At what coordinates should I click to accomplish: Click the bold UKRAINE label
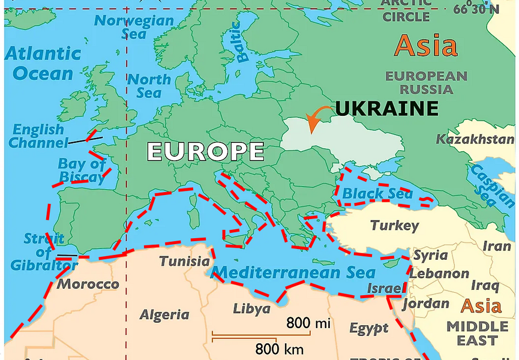[x=387, y=109]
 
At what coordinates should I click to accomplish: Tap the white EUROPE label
[x=205, y=151]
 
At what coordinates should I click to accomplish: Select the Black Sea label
[x=377, y=194]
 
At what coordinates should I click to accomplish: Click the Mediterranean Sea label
[x=295, y=272]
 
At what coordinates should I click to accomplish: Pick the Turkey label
[x=394, y=226]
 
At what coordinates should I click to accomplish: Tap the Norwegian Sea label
[x=134, y=27]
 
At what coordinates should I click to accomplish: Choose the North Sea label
[x=149, y=86]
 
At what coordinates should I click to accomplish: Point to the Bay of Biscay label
[x=82, y=170]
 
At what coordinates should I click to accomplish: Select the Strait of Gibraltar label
[x=44, y=252]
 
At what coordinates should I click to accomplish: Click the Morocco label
[x=88, y=284]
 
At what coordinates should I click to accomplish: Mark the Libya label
[x=251, y=309]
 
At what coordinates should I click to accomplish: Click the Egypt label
[x=368, y=329]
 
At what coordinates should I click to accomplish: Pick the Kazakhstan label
[x=475, y=140]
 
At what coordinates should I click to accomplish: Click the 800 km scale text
[x=279, y=349]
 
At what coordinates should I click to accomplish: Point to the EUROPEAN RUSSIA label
[x=426, y=83]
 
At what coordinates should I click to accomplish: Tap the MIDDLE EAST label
[x=477, y=334]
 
